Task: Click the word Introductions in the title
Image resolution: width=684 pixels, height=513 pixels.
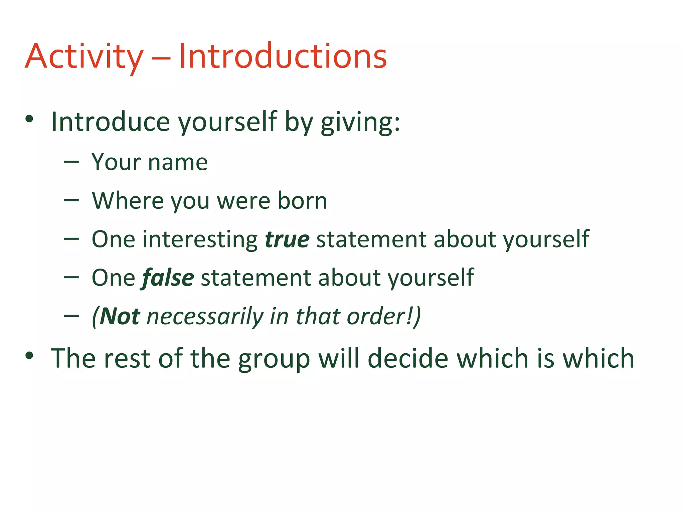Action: click(283, 56)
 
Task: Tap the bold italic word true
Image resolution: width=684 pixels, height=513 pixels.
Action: click(287, 239)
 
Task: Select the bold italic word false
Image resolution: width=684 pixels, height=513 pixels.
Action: click(168, 278)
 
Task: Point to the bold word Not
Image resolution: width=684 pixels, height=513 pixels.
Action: click(120, 316)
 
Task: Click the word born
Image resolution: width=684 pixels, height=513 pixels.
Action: click(302, 201)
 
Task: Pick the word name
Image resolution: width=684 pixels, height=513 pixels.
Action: click(178, 163)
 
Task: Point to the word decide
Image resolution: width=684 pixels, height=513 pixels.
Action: click(408, 358)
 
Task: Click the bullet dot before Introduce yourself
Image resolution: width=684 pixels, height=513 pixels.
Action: click(29, 119)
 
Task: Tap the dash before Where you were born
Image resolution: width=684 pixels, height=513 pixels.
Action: click(71, 201)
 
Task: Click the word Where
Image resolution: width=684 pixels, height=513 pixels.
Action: click(128, 201)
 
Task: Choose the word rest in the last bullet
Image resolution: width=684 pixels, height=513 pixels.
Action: click(127, 358)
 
